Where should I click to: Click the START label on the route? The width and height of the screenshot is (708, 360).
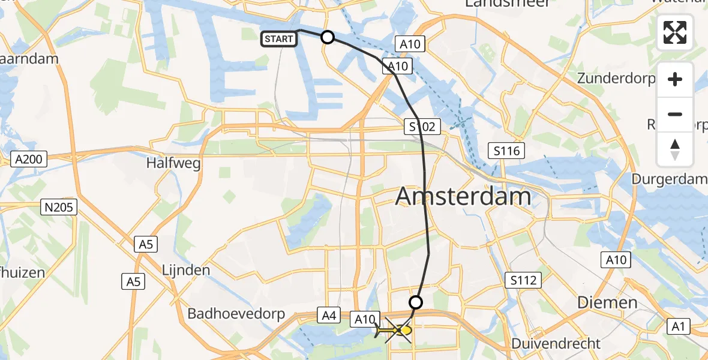pos(278,39)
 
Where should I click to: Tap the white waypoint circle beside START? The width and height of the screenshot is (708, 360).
pos(328,37)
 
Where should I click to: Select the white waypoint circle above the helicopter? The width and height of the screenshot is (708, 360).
pos(415,302)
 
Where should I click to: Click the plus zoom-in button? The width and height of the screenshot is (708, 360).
pos(675,80)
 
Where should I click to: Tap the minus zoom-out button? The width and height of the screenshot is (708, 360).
pos(675,114)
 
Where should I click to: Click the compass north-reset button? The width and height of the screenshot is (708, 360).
pos(675,149)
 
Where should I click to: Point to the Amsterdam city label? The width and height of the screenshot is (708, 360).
pos(463,196)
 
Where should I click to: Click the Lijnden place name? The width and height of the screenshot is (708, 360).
pos(186,270)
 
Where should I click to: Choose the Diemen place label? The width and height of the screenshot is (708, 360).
pos(607,303)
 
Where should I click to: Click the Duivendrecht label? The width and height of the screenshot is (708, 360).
pos(556,344)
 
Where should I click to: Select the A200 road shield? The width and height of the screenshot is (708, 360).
pos(29,159)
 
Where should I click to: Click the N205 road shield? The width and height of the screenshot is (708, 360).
pos(58,208)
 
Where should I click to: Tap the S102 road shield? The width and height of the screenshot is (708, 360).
pos(422,127)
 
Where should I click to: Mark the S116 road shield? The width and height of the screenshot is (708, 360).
pos(506,150)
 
